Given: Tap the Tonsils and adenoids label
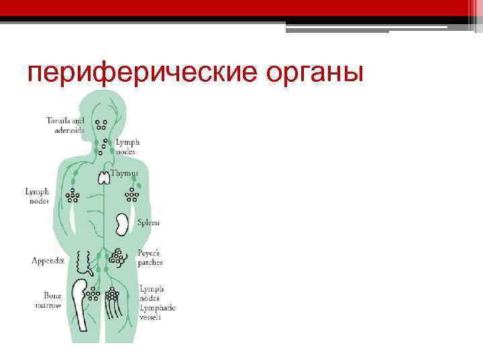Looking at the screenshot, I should click(65, 125).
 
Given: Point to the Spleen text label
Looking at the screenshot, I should click(148, 223).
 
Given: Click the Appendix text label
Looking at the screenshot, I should click(48, 260).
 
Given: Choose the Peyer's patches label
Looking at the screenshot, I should click(150, 259).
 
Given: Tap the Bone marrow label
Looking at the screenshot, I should click(48, 300).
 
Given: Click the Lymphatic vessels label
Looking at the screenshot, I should click(156, 312).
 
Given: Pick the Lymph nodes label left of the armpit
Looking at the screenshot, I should click(37, 196).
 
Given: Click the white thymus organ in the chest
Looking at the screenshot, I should click(104, 178).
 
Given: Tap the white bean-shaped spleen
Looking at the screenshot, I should click(121, 224).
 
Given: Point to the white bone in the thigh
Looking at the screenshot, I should click(81, 305).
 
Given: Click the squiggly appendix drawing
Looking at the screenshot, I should click(85, 261).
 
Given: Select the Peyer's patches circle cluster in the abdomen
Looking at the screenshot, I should click(119, 257).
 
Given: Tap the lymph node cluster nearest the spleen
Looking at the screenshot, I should click(132, 195).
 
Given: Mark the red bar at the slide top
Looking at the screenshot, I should click(241, 8).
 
